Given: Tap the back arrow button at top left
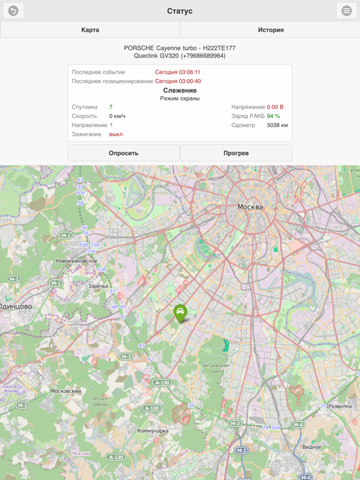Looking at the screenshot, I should pos(13,11).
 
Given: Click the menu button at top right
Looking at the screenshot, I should pos(347,11).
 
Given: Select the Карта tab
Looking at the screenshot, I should pos(90,30).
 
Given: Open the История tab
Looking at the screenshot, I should pos(271,30).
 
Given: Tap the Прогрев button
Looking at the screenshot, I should pos(236,153).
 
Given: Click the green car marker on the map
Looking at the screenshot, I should pos(180,312).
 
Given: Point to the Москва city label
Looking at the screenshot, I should pos(250,207).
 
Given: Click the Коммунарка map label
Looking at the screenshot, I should pos(153,431).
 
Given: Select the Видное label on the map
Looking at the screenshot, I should pos(311,447).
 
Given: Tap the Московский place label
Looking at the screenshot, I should pos(66,391).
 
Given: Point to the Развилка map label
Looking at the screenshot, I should pos(340,406).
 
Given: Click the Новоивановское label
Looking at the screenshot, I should pos(76,261).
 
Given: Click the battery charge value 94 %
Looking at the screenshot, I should pos(273,116).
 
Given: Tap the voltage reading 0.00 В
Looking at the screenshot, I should pos(275,107).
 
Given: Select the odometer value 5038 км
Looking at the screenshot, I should pos(277,126).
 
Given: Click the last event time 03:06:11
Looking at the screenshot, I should pos(177,72).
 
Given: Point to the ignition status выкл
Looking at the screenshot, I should pos(116,134).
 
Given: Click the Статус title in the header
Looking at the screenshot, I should pos(180,11).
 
